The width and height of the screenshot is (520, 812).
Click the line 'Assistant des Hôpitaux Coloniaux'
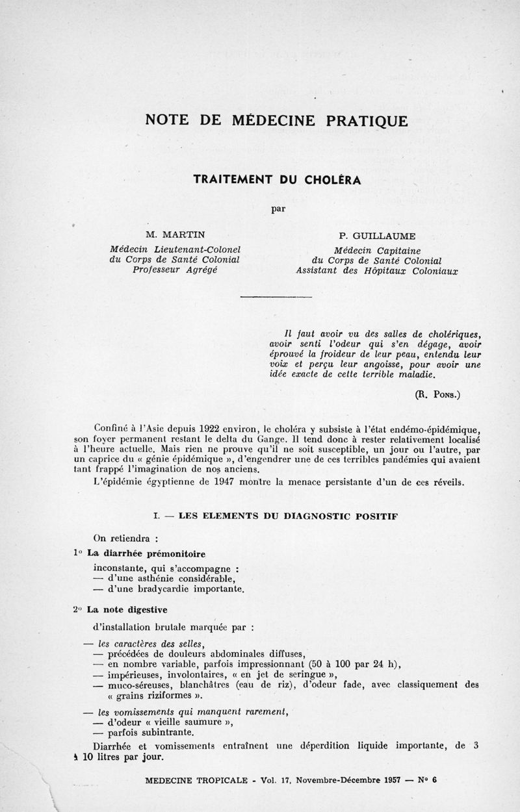point(376,271)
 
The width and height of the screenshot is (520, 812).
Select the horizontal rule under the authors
point(276,297)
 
